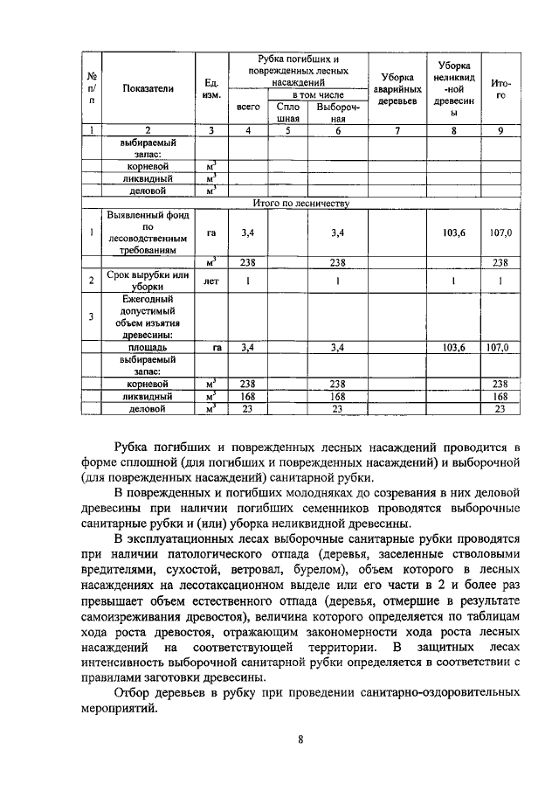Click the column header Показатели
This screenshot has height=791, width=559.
pos(148,88)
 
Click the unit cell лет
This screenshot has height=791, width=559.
pos(210,281)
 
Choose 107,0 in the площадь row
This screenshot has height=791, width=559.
pos(500,347)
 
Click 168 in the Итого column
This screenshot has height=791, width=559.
pos(500,396)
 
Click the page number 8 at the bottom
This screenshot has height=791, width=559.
pos(300,740)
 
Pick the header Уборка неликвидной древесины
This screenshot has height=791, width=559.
pos(453,88)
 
